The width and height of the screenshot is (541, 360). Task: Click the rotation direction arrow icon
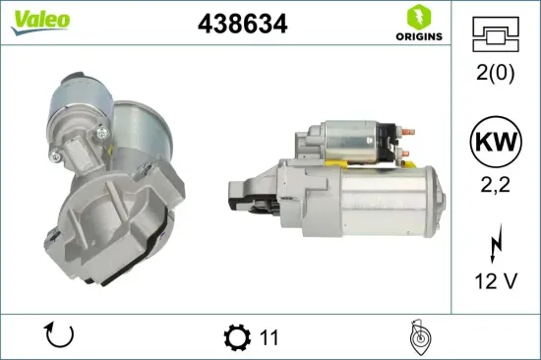coord(59,336)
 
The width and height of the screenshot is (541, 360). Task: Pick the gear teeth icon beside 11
coord(237,337)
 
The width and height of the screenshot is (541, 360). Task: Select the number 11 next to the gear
coord(270,337)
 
